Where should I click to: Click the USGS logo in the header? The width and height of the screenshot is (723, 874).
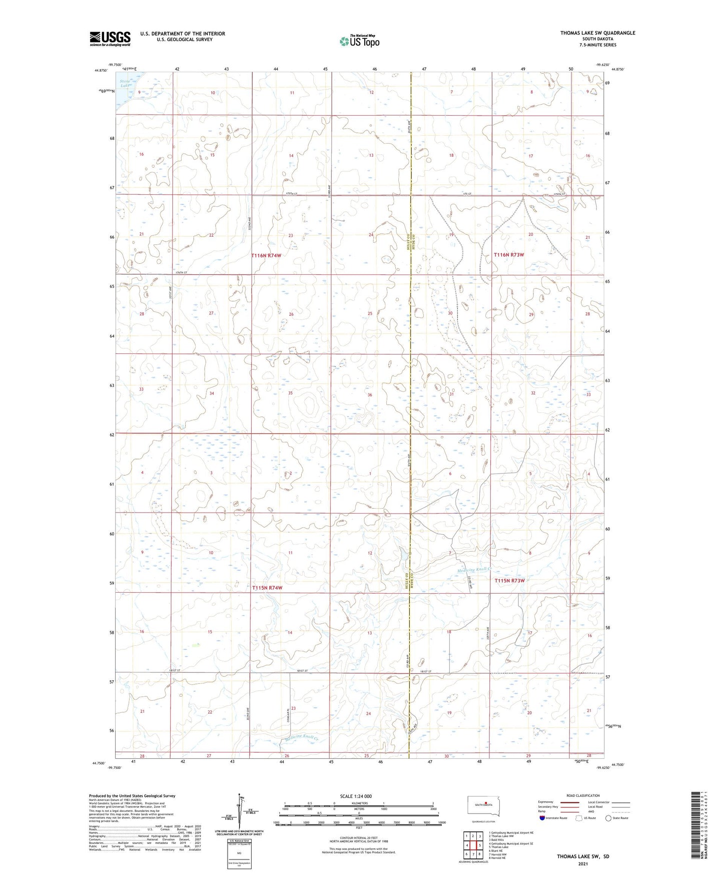(110, 39)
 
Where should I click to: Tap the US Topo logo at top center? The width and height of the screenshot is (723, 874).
(359, 41)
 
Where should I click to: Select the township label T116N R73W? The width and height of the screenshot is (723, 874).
(509, 255)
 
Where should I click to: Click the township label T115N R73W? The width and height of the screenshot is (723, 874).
(509, 581)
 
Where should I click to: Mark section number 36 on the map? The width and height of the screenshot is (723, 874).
(370, 395)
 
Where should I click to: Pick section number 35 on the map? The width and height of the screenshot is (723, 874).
(290, 393)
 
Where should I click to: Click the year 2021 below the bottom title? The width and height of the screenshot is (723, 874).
(583, 864)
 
